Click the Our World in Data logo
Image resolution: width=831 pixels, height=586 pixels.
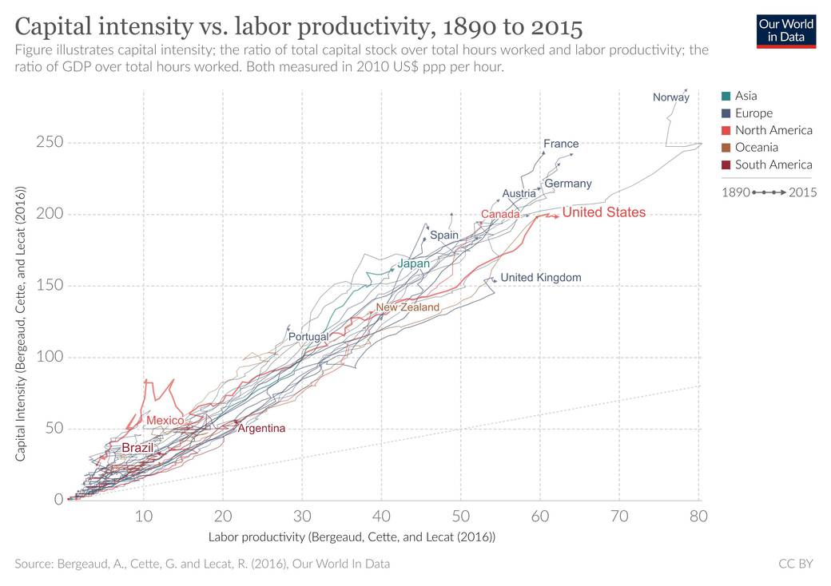point(786,31)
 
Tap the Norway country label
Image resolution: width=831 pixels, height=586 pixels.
point(671,97)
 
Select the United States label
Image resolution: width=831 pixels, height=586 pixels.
point(603,212)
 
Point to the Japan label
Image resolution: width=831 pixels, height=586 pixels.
point(413,263)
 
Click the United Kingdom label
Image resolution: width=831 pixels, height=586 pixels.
point(541,277)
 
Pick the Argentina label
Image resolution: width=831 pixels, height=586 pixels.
point(261,428)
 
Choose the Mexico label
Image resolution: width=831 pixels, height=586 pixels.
point(165,420)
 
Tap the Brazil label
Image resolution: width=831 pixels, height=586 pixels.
point(137,448)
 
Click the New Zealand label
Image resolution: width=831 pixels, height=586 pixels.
point(408,307)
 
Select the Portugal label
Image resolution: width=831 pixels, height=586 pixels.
point(308,337)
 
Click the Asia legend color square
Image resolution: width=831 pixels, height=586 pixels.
point(726,96)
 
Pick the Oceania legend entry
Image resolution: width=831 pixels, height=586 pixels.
point(750,147)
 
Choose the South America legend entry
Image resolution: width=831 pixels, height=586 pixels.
point(767,164)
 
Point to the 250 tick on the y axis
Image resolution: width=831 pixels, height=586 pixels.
point(50,142)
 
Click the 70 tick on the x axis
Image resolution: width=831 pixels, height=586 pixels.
point(619,516)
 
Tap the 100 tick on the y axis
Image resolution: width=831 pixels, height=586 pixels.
point(50,357)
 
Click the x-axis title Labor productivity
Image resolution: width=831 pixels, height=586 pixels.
point(352,537)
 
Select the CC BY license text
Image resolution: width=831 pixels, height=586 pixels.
point(796,564)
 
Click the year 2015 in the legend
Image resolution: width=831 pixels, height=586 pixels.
point(802,192)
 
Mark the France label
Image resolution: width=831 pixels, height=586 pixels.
point(561,144)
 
